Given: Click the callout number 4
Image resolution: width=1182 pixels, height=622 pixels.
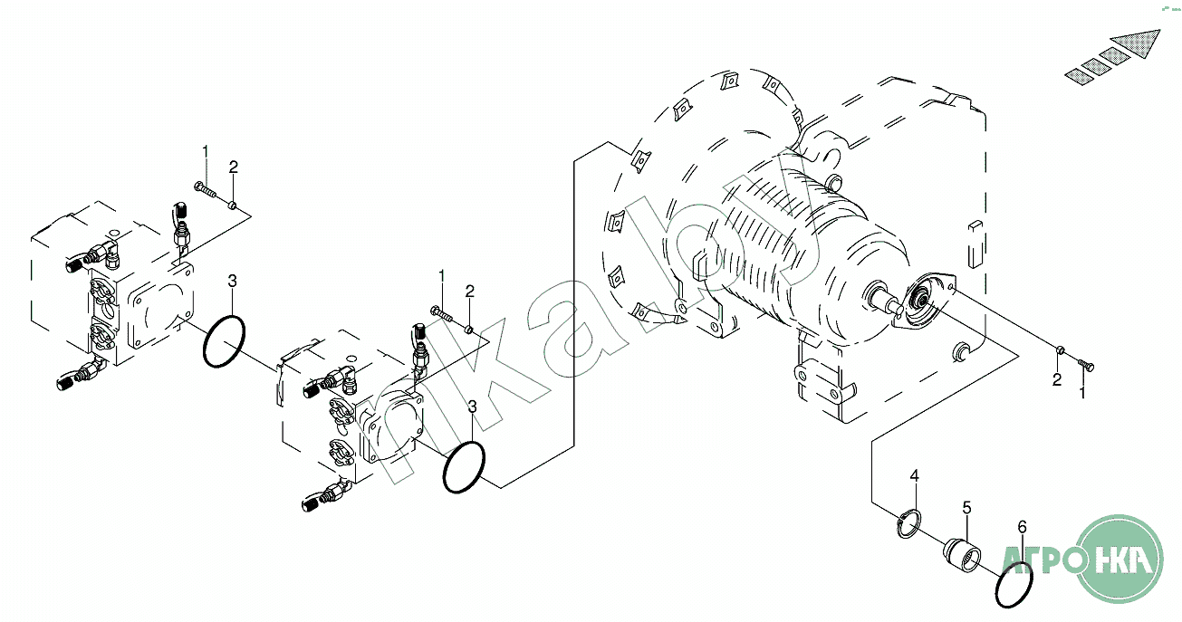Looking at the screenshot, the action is pyautogui.click(x=915, y=476).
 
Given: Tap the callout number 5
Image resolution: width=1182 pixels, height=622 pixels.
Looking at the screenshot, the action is pyautogui.click(x=966, y=508).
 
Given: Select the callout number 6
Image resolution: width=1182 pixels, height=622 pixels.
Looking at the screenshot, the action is pyautogui.click(x=1022, y=527).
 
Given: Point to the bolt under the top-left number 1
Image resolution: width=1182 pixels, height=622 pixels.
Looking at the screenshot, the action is pyautogui.click(x=206, y=190).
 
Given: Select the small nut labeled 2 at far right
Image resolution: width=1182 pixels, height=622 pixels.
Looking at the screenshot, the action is pyautogui.click(x=1060, y=349).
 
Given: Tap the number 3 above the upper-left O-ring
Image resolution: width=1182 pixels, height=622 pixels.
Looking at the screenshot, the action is pyautogui.click(x=232, y=282).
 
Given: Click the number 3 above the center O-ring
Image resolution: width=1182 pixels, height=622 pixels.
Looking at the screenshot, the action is pyautogui.click(x=472, y=407).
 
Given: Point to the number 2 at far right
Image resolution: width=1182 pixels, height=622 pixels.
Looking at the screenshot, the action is pyautogui.click(x=1057, y=379).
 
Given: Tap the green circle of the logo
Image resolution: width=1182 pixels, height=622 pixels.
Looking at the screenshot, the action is pyautogui.click(x=1120, y=560).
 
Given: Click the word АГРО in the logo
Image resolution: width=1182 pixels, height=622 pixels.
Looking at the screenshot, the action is pyautogui.click(x=1038, y=560).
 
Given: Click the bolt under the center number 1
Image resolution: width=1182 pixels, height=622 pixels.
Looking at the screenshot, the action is pyautogui.click(x=442, y=313).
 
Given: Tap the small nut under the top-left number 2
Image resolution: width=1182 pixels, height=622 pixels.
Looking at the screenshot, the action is pyautogui.click(x=232, y=205).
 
